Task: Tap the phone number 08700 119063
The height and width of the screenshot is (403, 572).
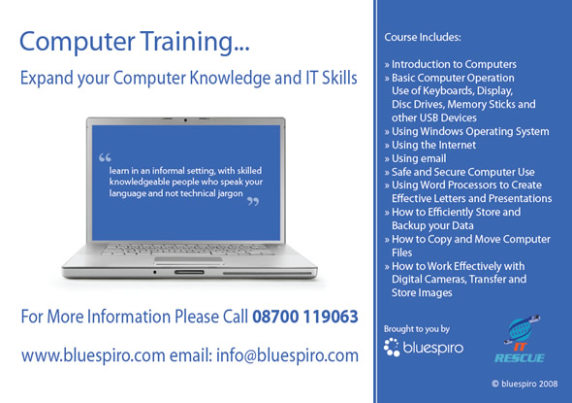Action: [x=305, y=317]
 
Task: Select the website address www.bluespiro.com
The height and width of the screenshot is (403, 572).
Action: [x=93, y=355]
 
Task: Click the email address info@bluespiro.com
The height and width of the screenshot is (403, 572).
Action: [x=287, y=355]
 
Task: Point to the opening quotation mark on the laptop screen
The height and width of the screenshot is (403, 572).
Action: [x=105, y=157]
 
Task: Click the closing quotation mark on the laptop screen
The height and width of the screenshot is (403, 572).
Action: [x=253, y=201]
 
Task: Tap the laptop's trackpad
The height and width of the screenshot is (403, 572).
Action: [x=188, y=260]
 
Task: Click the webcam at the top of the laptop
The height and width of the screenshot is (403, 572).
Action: [x=185, y=119]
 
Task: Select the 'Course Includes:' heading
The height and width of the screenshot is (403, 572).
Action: [x=423, y=37]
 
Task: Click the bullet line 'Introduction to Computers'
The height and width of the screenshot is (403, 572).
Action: [x=450, y=64]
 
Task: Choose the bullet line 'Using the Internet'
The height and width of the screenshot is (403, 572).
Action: [x=430, y=145]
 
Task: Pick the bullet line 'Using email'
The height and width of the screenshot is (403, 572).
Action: [x=415, y=158]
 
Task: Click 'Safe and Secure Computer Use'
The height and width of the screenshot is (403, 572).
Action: [x=460, y=172]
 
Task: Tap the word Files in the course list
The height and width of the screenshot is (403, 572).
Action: [x=401, y=252]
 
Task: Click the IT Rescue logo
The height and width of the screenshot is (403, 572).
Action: [x=520, y=339]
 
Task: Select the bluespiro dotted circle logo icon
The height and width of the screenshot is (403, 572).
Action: [x=392, y=347]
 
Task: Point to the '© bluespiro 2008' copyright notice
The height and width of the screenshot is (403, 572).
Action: [x=524, y=384]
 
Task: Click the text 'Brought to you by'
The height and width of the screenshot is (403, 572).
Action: [x=417, y=329]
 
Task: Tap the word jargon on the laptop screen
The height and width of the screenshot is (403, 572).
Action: [x=230, y=193]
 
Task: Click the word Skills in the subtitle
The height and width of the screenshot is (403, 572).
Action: [x=339, y=78]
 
